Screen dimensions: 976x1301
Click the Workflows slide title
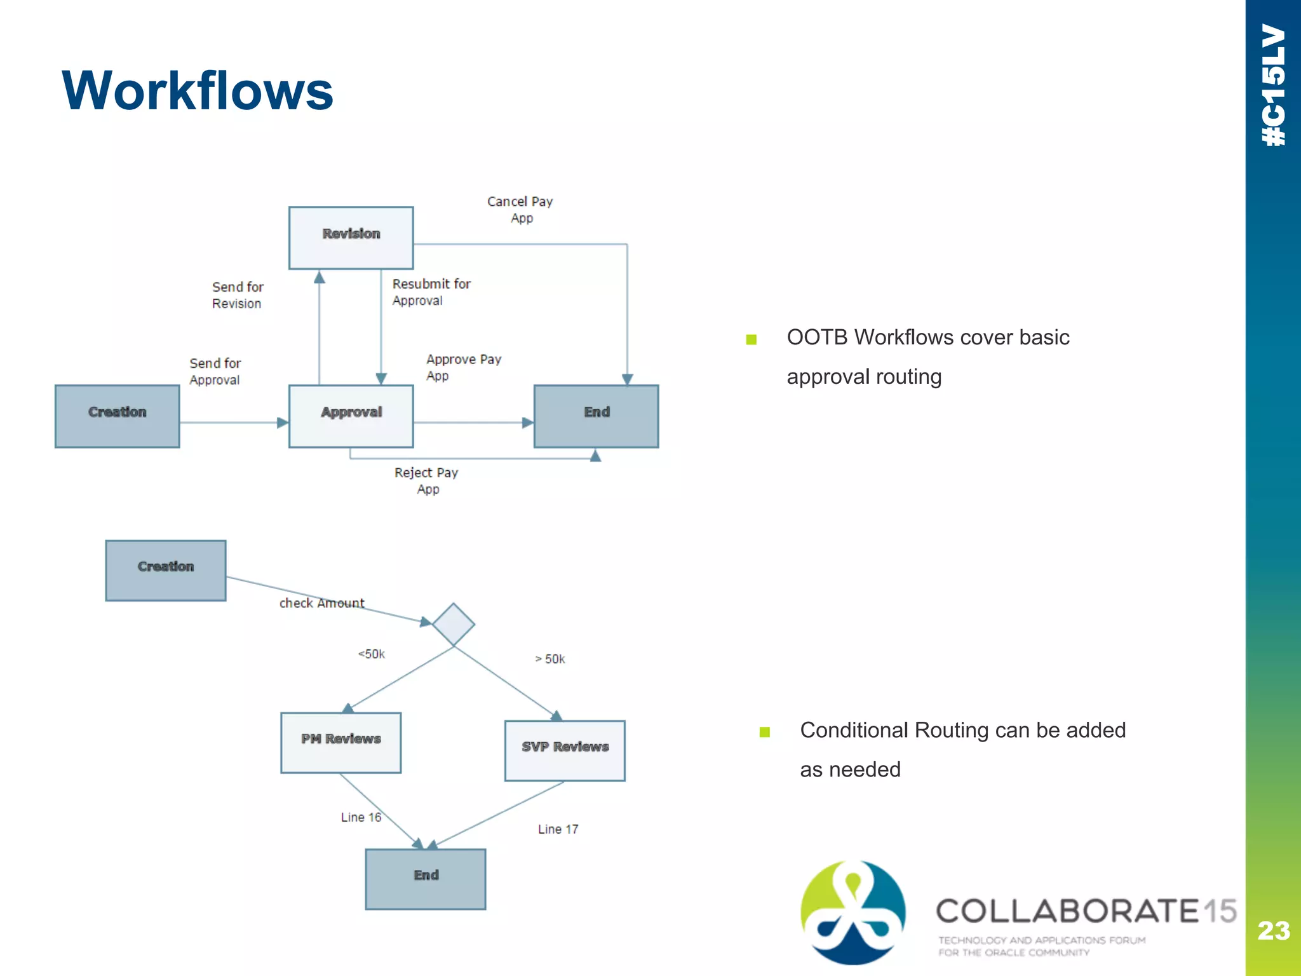(197, 91)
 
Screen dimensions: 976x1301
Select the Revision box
(351, 238)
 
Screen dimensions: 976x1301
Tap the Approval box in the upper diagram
(351, 416)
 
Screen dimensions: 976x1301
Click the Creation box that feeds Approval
(117, 416)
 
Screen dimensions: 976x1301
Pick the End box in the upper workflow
(596, 416)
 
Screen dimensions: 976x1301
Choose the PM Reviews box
(340, 742)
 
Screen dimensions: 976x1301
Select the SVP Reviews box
(565, 750)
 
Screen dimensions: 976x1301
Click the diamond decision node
(454, 625)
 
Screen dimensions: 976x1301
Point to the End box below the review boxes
(425, 879)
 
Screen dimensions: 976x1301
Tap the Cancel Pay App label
(520, 210)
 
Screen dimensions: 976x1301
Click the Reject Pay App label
(426, 481)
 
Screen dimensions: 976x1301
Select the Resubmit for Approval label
(431, 292)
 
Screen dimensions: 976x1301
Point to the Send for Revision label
(237, 295)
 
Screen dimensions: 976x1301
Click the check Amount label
(321, 603)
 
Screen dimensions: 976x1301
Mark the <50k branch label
(372, 654)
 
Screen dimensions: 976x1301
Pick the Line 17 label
(558, 829)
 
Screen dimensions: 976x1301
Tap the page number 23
(1273, 931)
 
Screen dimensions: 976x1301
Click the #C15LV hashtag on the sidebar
(1273, 86)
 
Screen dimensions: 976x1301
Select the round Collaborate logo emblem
(853, 912)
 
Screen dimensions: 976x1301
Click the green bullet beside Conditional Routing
(765, 732)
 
